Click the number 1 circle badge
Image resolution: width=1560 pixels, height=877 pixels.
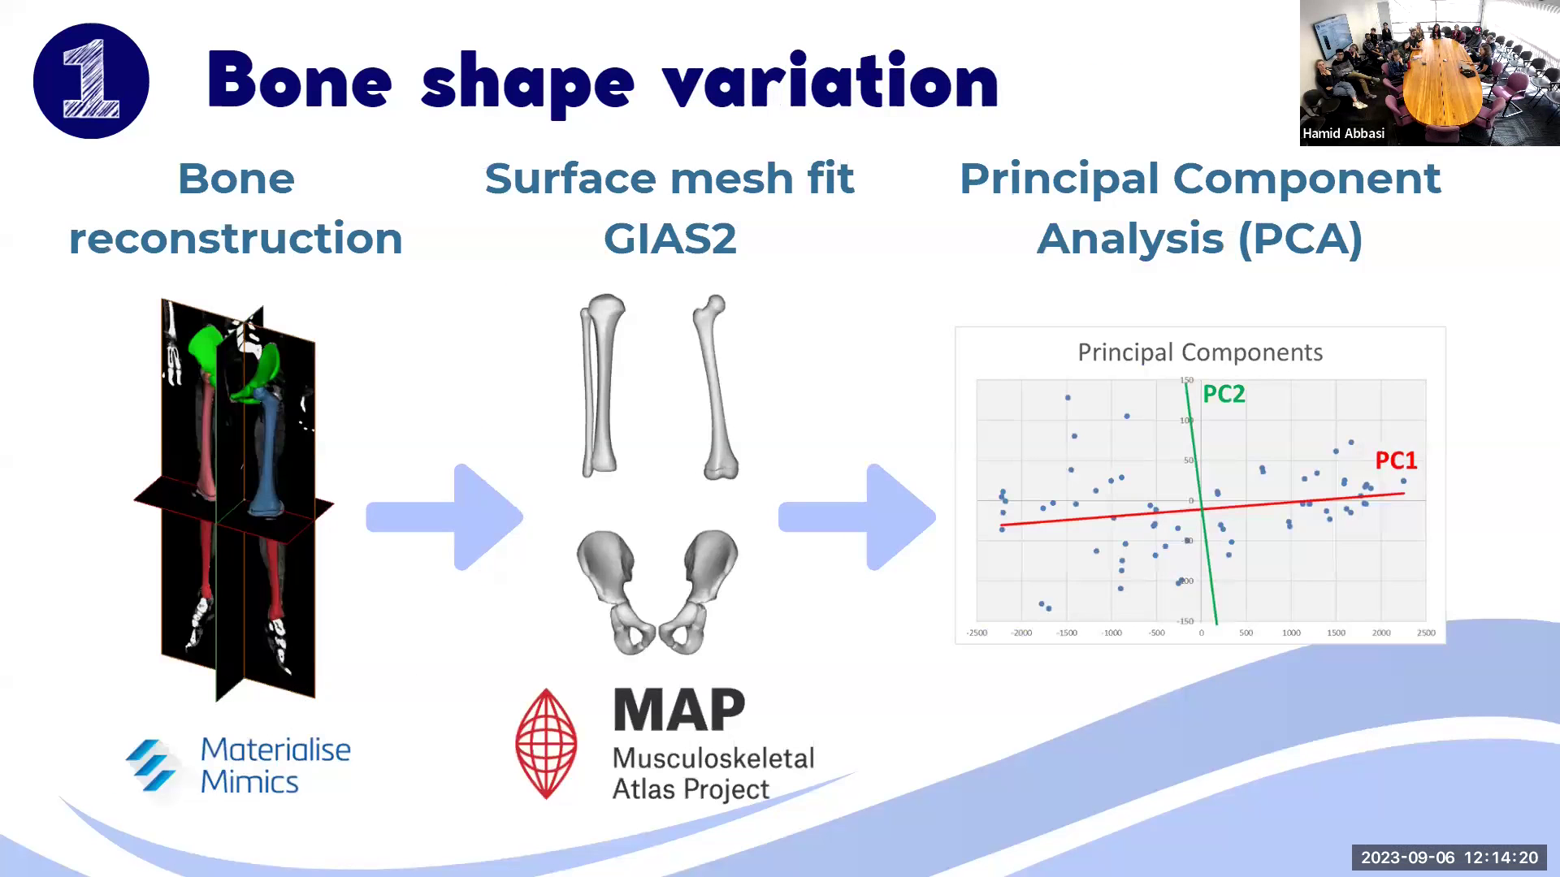tap(91, 81)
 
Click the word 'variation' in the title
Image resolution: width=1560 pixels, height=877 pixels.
tap(830, 81)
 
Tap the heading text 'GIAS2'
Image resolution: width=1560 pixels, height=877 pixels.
tap(669, 239)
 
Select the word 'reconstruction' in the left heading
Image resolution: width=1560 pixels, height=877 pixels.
tap(236, 239)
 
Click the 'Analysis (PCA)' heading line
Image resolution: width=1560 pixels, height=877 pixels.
tap(1199, 239)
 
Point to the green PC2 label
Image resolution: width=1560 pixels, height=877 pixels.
tap(1224, 395)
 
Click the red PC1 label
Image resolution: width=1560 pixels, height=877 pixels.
tap(1395, 461)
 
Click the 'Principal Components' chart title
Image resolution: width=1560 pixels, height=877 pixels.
tap(1199, 352)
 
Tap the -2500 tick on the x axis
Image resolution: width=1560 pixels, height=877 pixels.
tap(977, 633)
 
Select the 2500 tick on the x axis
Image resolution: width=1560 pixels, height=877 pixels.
tap(1426, 633)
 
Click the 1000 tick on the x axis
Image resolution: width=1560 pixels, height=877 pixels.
tap(1291, 633)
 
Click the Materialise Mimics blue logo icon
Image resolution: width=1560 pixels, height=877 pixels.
tap(151, 765)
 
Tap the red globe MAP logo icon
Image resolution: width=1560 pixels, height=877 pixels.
tap(546, 744)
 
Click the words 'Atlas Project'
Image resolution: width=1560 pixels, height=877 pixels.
tap(690, 789)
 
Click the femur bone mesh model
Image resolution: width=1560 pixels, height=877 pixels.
tap(715, 388)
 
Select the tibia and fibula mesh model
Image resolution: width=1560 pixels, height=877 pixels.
tap(601, 386)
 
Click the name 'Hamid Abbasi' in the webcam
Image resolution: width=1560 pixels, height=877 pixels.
tap(1343, 134)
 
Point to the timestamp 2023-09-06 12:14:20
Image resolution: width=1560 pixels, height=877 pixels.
tap(1449, 858)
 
